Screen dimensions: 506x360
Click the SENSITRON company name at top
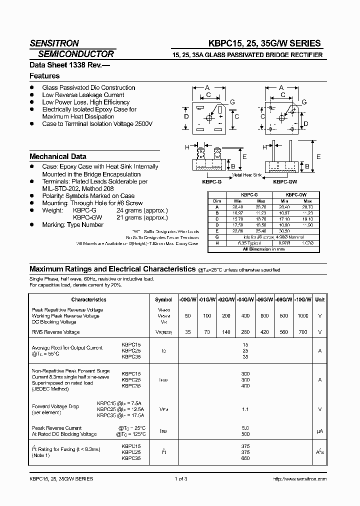pyautogui.click(x=54, y=43)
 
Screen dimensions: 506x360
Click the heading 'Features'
pyautogui.click(x=44, y=76)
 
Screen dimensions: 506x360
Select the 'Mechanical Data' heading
pyautogui.click(x=57, y=156)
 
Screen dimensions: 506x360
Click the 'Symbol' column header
pyautogui.click(x=163, y=299)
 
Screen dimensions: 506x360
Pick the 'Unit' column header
pyautogui.click(x=319, y=299)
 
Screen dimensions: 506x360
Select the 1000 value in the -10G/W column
pyautogui.click(x=303, y=316)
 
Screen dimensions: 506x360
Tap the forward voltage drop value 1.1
pyautogui.click(x=245, y=409)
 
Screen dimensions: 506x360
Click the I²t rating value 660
pyautogui.click(x=245, y=458)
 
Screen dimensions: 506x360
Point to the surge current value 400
pyautogui.click(x=245, y=386)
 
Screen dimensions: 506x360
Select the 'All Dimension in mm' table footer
pyautogui.click(x=263, y=248)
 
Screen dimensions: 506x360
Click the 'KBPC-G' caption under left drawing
pyautogui.click(x=211, y=182)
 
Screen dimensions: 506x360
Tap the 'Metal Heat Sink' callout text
pyautogui.click(x=247, y=175)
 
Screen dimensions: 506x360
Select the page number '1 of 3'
pyautogui.click(x=181, y=479)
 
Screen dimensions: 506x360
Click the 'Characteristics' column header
pyautogui.click(x=88, y=299)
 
